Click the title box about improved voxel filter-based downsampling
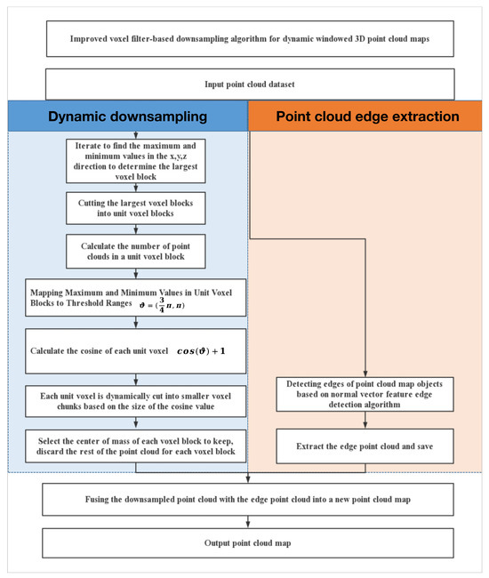(248, 40)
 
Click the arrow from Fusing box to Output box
(248, 520)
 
